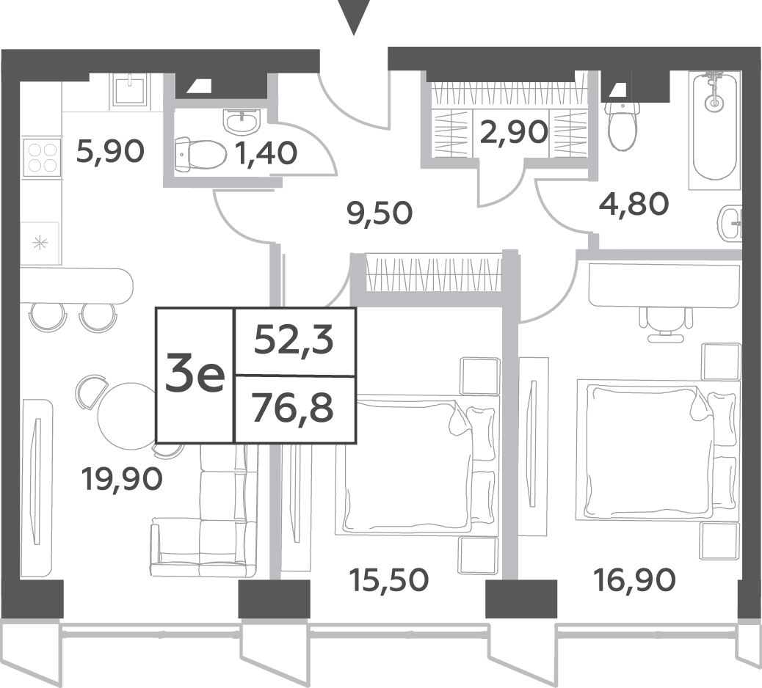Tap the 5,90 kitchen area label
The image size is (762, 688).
[x=111, y=152]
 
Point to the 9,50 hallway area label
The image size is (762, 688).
[x=380, y=213]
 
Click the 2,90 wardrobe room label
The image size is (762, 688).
[x=514, y=132]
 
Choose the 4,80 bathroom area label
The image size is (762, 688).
[x=634, y=204]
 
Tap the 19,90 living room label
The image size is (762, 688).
[x=122, y=479]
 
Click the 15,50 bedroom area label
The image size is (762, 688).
[x=389, y=579]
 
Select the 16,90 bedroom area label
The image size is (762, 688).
[x=635, y=579]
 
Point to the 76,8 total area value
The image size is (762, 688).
[x=294, y=409]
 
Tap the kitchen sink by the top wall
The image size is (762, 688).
[x=131, y=89]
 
